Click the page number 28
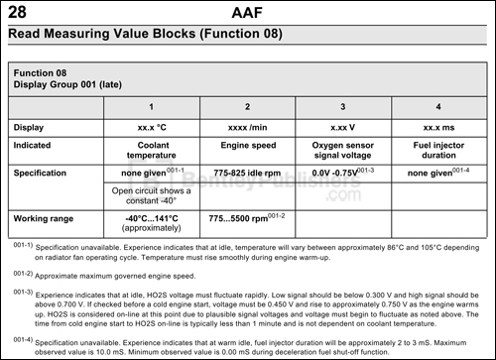(x=17, y=12)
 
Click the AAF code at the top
(x=247, y=12)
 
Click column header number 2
(x=247, y=106)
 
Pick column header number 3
(x=342, y=106)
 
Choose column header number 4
(x=436, y=106)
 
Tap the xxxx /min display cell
(x=247, y=126)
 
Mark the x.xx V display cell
(x=342, y=126)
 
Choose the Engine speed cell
(x=247, y=145)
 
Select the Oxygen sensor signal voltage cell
(x=342, y=150)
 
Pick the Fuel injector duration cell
(x=436, y=150)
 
